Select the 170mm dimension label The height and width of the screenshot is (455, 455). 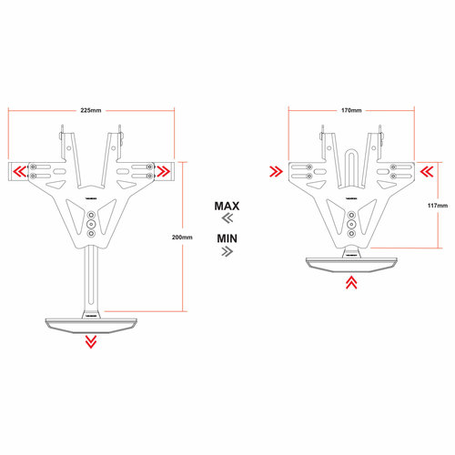[351, 110]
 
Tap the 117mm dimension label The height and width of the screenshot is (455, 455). [437, 206]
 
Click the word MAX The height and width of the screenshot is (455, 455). [227, 207]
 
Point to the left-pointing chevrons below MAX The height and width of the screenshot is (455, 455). [227, 220]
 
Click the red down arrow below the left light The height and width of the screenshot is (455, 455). [90, 341]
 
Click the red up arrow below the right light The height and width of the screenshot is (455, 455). [350, 284]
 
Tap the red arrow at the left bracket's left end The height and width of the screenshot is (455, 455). [18, 171]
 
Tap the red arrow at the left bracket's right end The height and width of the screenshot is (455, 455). [164, 171]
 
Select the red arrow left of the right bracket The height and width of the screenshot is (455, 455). [275, 171]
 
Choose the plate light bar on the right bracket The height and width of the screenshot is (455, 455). [350, 264]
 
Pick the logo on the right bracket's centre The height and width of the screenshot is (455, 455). [350, 196]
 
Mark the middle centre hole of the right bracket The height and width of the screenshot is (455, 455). [350, 222]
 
